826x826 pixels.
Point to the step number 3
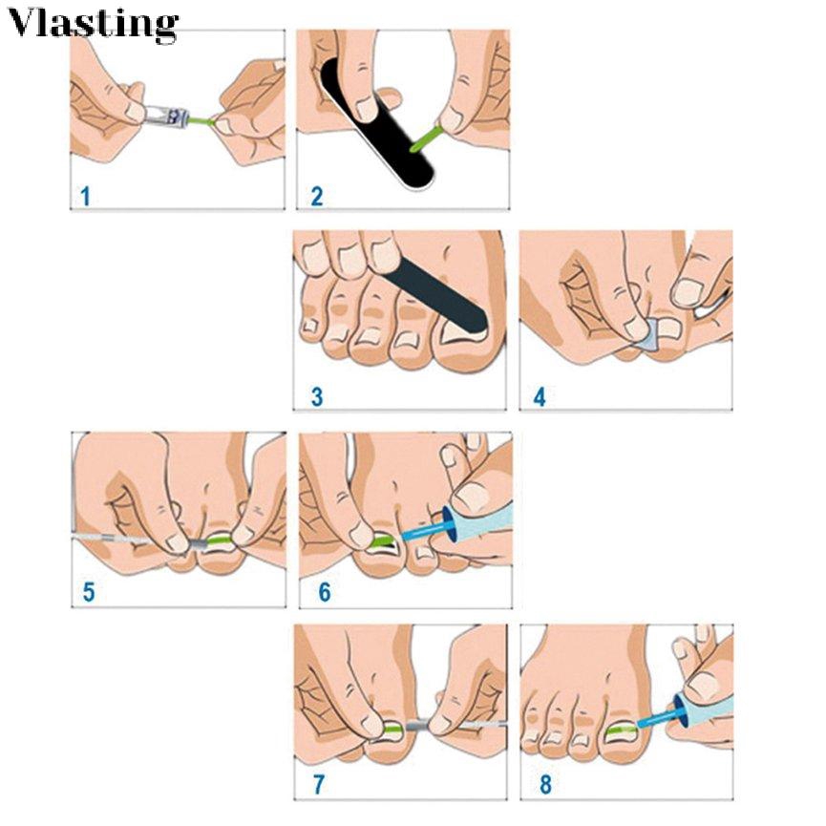(316, 396)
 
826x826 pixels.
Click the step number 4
(540, 396)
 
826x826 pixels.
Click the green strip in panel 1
(200, 122)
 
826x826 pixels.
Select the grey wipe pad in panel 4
(648, 334)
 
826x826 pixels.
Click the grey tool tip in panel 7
(417, 726)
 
